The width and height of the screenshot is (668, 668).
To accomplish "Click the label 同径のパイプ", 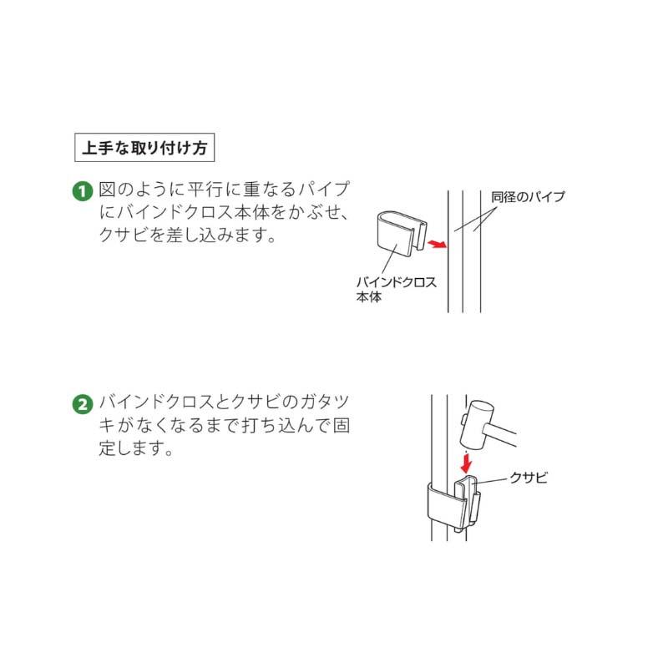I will click(529, 197).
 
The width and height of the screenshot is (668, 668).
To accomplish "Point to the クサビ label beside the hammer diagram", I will click(529, 478).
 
